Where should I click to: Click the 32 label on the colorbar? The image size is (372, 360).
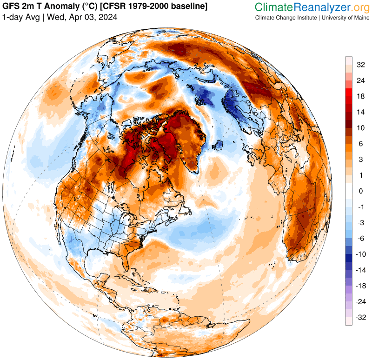pyautogui.click(x=360, y=65)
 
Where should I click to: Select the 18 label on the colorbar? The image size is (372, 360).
pyautogui.click(x=360, y=97)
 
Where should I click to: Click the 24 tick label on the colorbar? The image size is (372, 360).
pyautogui.click(x=360, y=81)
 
